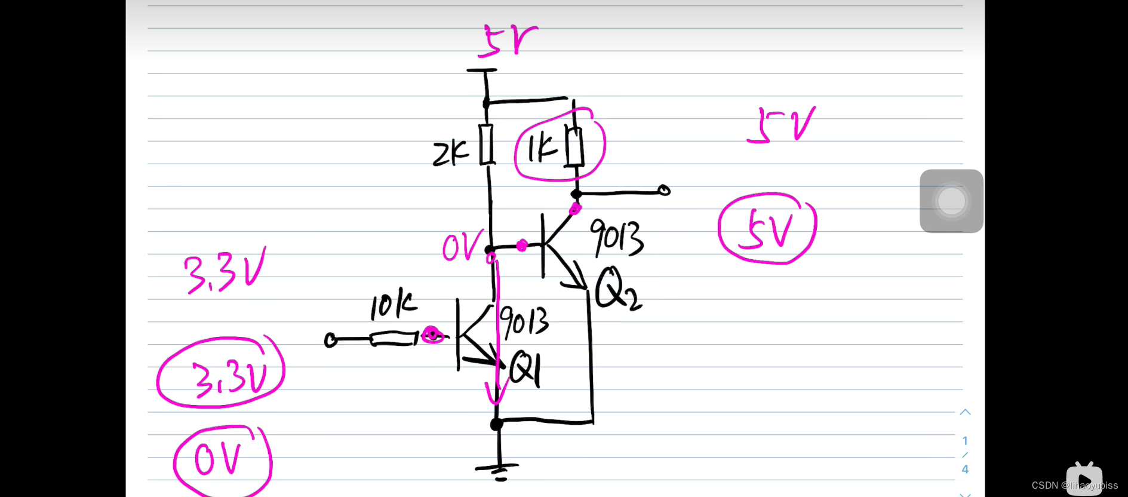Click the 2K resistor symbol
tap(487, 145)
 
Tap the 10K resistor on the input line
tap(393, 340)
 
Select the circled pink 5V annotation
tap(767, 228)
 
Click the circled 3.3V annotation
tap(221, 373)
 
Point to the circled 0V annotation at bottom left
tap(222, 461)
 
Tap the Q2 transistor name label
tap(616, 289)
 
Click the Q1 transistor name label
tap(524, 369)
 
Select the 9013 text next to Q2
tap(616, 237)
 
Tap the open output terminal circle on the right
tap(664, 191)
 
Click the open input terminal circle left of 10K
tap(330, 340)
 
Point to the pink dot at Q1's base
tap(431, 335)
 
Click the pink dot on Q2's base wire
tap(521, 245)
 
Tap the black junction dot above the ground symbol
tap(496, 424)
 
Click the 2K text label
tap(451, 154)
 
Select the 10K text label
tap(392, 305)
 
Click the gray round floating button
tap(951, 201)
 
